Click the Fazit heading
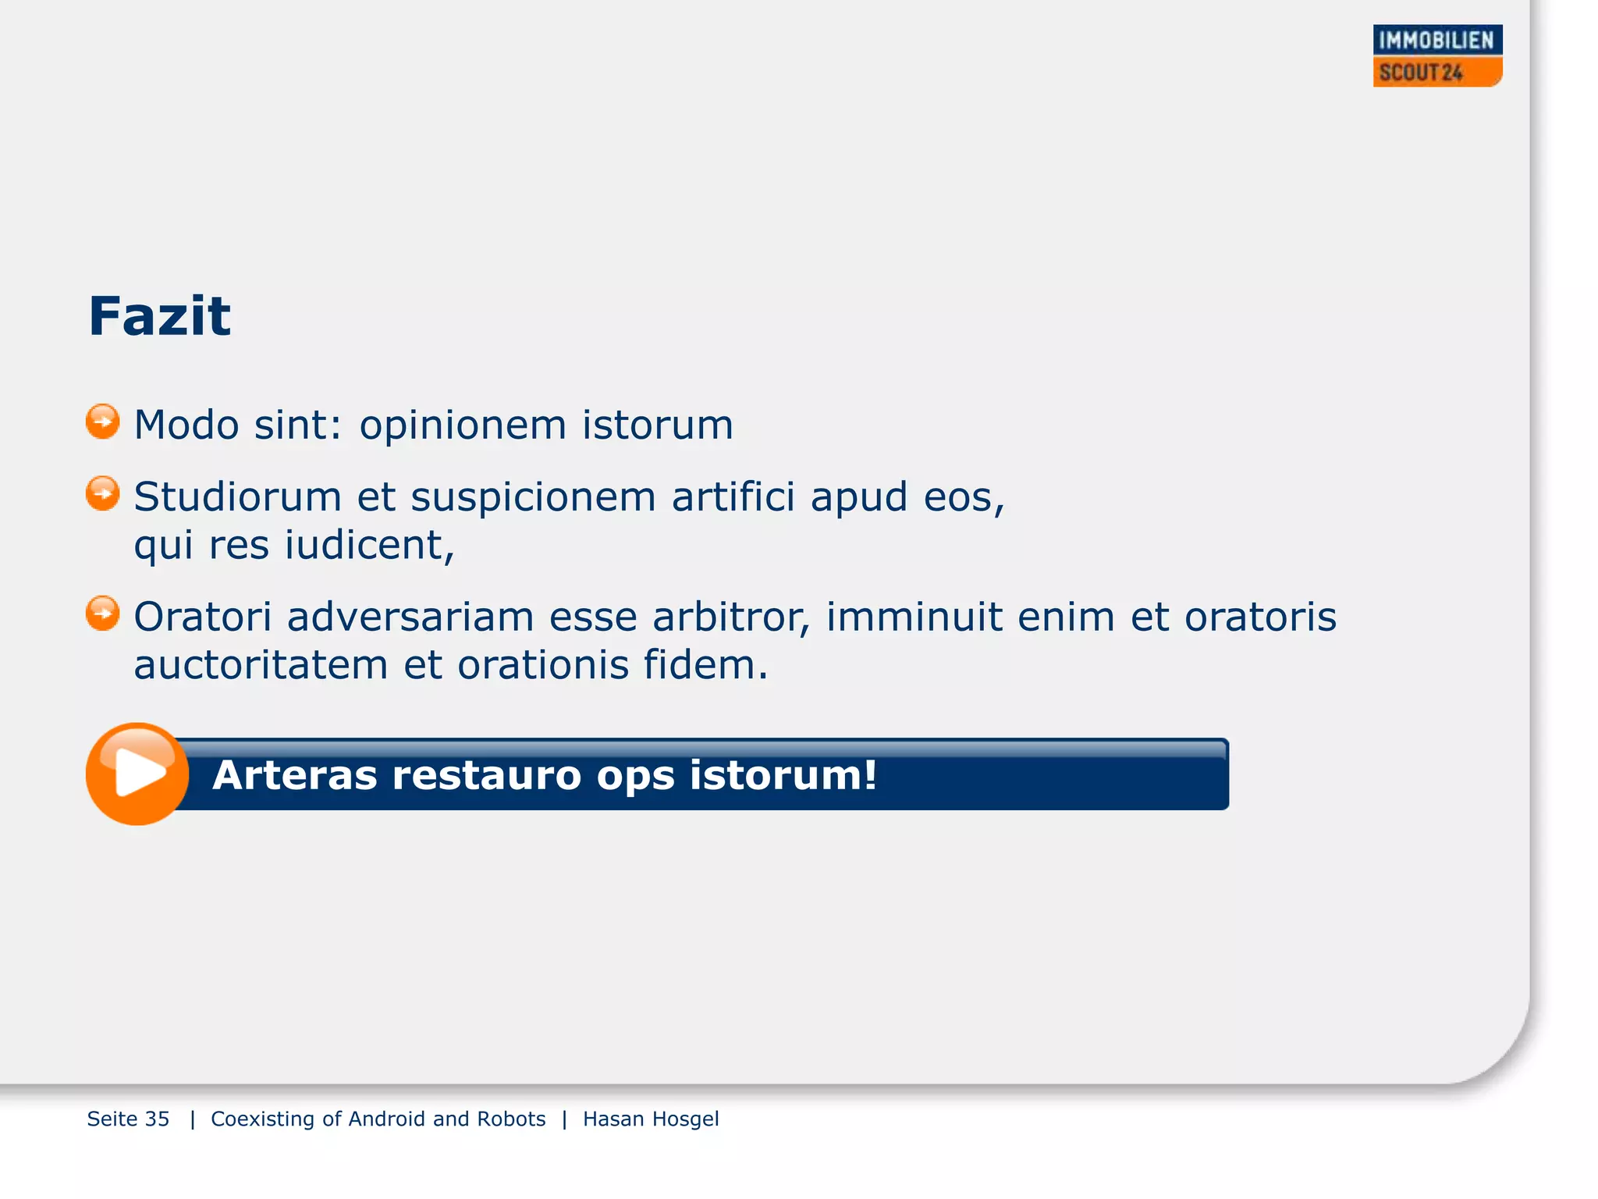pyautogui.click(x=159, y=316)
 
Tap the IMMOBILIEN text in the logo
pyautogui.click(x=1436, y=40)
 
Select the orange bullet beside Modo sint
pyautogui.click(x=102, y=422)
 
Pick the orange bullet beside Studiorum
pyautogui.click(x=102, y=493)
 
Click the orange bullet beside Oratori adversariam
pyautogui.click(x=102, y=614)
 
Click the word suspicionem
pyautogui.click(x=533, y=498)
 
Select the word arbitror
pyautogui.click(x=731, y=617)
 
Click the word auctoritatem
pyautogui.click(x=261, y=666)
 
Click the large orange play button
pyautogui.click(x=137, y=774)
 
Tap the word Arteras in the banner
pyautogui.click(x=294, y=775)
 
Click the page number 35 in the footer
pyautogui.click(x=157, y=1119)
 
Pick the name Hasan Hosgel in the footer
pyautogui.click(x=651, y=1119)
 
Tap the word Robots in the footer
pyautogui.click(x=511, y=1119)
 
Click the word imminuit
pyautogui.click(x=914, y=617)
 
